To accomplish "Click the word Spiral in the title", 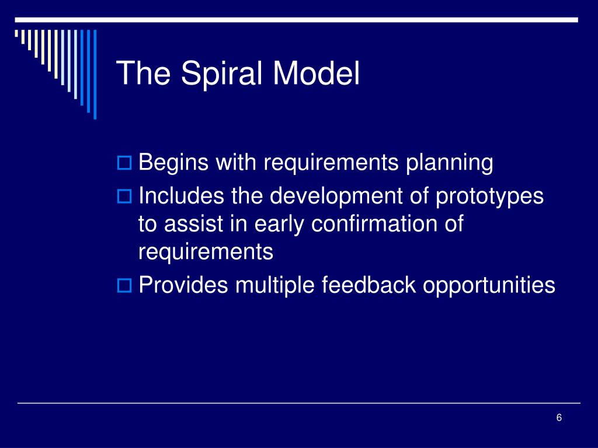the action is tap(221, 74).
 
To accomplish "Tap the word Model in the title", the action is tap(316, 73).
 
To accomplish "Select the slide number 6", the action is tap(559, 418).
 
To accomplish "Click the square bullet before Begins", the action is tap(124, 163).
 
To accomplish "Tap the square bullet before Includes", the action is tap(124, 197).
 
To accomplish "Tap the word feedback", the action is tap(369, 285).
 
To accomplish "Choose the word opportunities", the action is tap(489, 286).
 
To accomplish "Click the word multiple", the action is tap(275, 286).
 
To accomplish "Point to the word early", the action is tap(279, 225).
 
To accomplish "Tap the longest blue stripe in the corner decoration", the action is tap(95, 75).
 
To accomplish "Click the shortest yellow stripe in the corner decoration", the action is tap(16, 33).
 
